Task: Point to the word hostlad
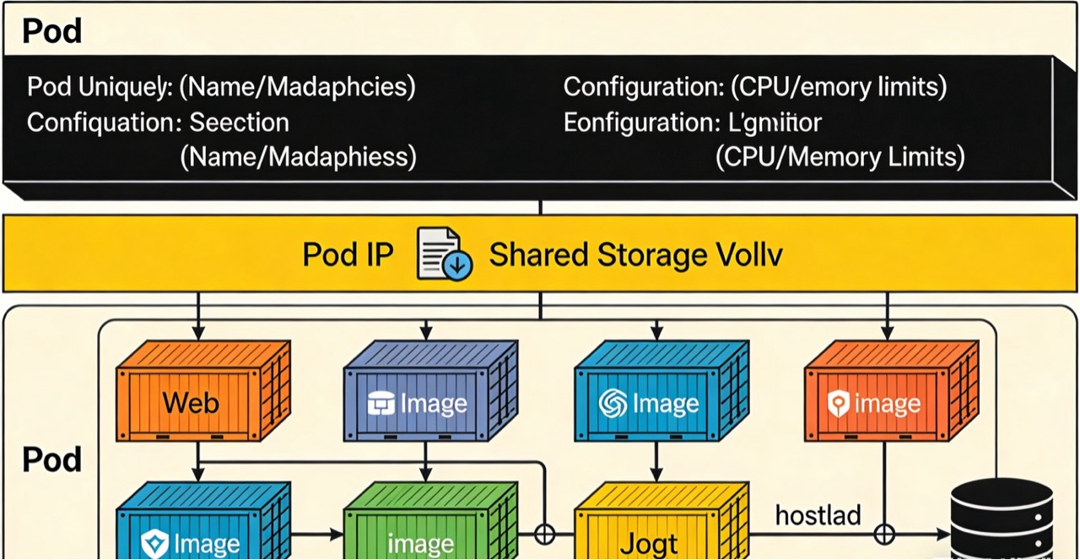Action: [x=818, y=514]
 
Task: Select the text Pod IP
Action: [x=348, y=255]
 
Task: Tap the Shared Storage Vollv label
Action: [x=635, y=255]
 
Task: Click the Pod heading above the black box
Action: [x=51, y=31]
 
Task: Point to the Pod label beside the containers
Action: [x=51, y=460]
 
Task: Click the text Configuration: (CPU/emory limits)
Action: [x=754, y=86]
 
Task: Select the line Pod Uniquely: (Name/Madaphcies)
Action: [x=221, y=86]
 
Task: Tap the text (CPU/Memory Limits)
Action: [x=840, y=157]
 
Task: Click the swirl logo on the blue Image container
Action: [x=613, y=405]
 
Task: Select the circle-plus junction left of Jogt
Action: [x=545, y=535]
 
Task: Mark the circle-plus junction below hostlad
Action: [x=884, y=535]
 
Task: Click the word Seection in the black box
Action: [x=239, y=122]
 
